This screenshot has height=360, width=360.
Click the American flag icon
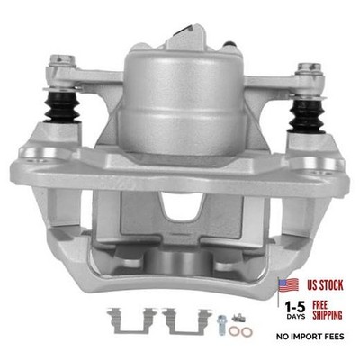[x=288, y=285]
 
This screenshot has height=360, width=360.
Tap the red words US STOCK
[x=325, y=285]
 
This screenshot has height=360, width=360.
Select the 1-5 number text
[x=295, y=307]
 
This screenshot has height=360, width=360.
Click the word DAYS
[x=296, y=317]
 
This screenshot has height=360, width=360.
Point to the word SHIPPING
[x=328, y=315]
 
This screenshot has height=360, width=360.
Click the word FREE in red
[x=320, y=305]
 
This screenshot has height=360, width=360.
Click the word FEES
[x=335, y=337]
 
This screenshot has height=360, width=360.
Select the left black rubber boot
[x=62, y=106]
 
